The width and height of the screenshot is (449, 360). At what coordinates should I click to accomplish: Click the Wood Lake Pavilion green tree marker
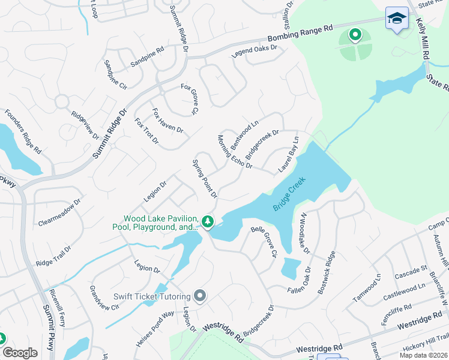[x=208, y=223]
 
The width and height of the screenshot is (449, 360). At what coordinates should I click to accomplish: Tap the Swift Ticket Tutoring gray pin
[x=200, y=296]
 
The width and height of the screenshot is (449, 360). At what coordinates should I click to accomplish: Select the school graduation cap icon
[x=397, y=19]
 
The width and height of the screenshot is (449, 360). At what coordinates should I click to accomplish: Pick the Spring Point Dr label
[x=204, y=179]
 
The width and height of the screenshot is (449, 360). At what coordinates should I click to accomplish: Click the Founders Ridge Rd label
[x=23, y=130]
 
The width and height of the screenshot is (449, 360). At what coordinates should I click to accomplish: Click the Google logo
[x=20, y=352]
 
